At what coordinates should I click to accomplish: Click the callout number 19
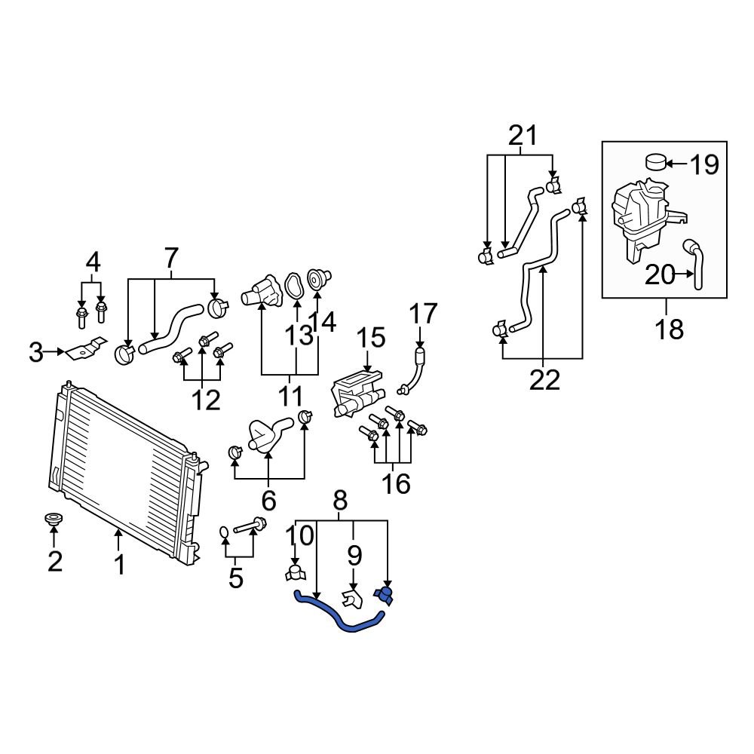pyautogui.click(x=704, y=164)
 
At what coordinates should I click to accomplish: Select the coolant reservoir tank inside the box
pyautogui.click(x=641, y=215)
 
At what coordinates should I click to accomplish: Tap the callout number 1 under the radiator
pyautogui.click(x=119, y=564)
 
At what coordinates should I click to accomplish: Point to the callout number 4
pyautogui.click(x=93, y=262)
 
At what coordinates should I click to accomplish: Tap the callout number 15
pyautogui.click(x=370, y=338)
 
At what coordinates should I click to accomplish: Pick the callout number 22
pyautogui.click(x=544, y=380)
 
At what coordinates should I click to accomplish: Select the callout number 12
pyautogui.click(x=204, y=400)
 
